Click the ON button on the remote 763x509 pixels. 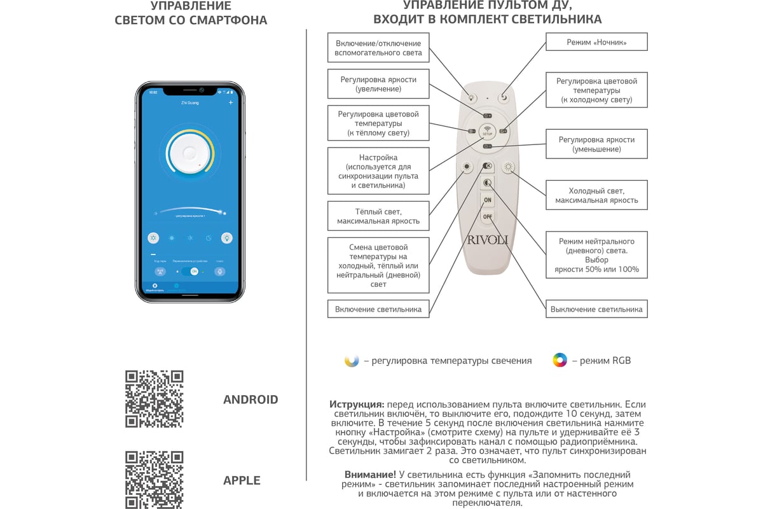point(487,200)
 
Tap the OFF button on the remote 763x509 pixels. point(487,217)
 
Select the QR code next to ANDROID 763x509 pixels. point(155,399)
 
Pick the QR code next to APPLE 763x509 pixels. point(155,480)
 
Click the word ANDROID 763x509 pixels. point(251,400)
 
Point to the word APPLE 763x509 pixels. point(242,480)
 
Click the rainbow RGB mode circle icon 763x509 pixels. point(560,360)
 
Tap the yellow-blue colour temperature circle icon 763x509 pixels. point(352,360)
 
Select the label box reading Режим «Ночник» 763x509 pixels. point(596,43)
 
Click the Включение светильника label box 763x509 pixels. point(378,309)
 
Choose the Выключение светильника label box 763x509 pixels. point(596,309)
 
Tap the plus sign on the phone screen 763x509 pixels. point(231,102)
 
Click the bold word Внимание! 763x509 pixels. point(370,475)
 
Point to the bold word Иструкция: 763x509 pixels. point(356,404)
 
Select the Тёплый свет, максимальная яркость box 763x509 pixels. point(378,216)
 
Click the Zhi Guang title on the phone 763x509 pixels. point(189,102)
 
